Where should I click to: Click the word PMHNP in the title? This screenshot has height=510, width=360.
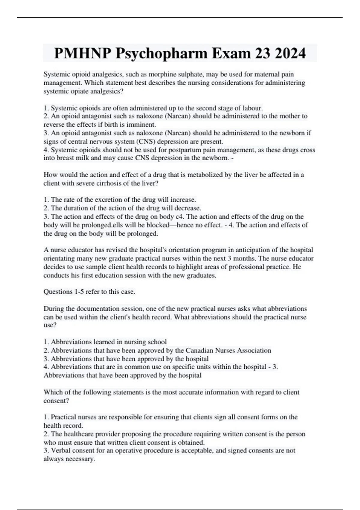[x=82, y=53]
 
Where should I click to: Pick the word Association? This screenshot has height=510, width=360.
[x=254, y=350]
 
